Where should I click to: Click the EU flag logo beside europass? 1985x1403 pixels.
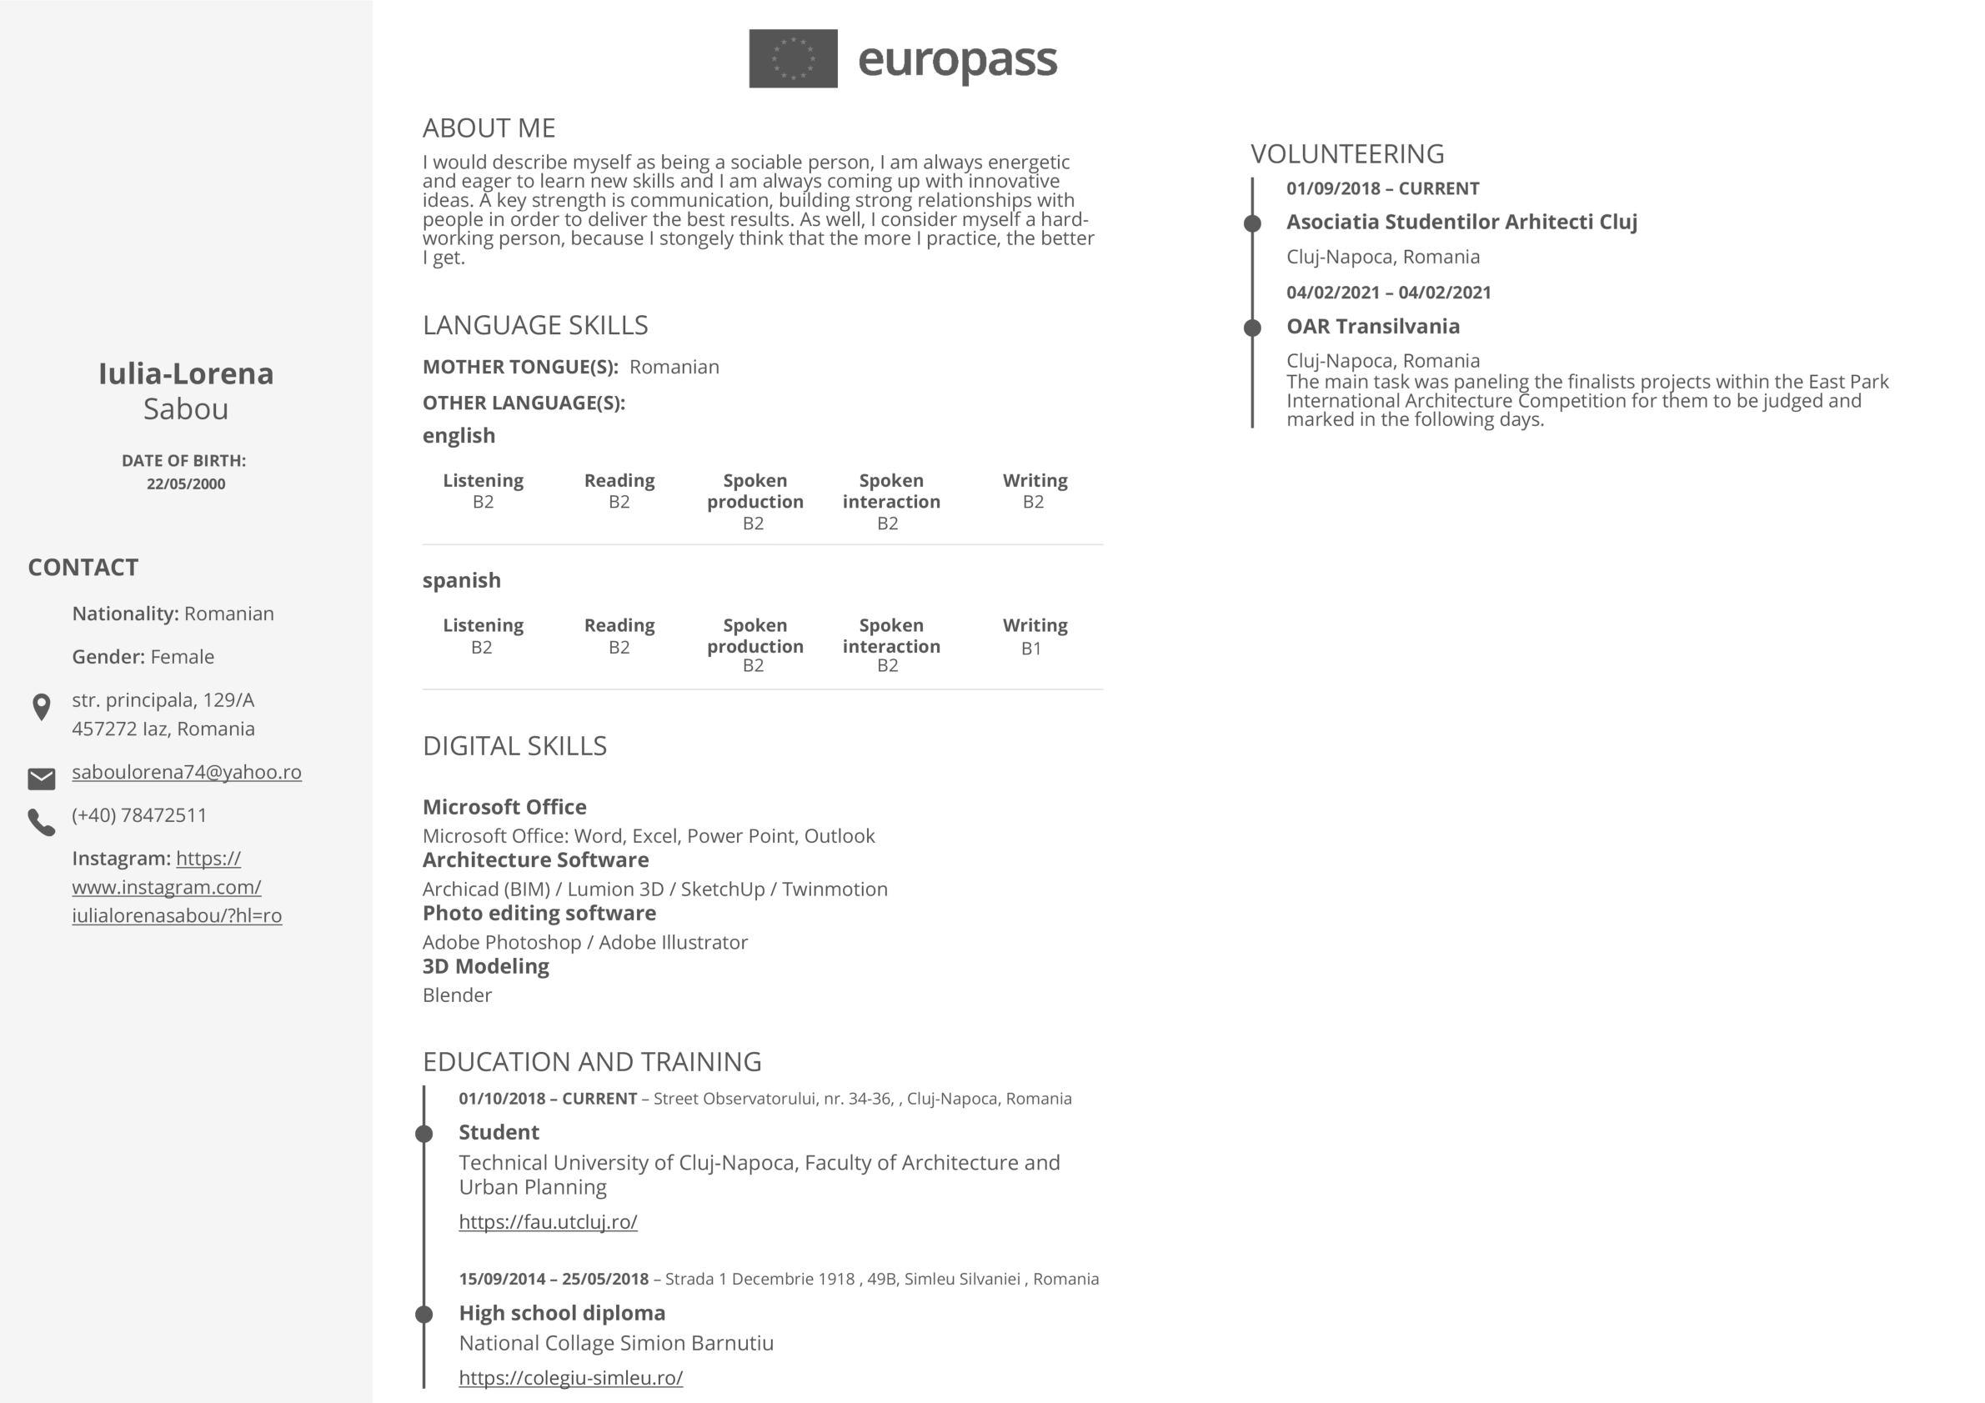coord(793,59)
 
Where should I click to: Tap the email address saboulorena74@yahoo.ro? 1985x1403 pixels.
coord(187,772)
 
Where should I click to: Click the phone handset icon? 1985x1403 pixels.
coord(42,822)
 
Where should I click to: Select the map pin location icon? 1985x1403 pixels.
coord(41,707)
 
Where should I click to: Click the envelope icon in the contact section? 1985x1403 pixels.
coord(42,779)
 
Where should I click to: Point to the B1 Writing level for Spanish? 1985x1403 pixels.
coord(1031,649)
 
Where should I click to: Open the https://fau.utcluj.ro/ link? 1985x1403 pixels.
coord(548,1221)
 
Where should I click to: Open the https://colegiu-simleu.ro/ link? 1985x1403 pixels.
coord(570,1378)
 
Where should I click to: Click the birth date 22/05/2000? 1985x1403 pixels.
coord(186,484)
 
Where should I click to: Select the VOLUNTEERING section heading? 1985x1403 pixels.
coord(1347,154)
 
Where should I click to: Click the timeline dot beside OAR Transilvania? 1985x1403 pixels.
coord(1252,328)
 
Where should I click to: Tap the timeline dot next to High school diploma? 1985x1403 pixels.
coord(424,1314)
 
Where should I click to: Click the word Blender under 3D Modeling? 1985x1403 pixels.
coord(458,995)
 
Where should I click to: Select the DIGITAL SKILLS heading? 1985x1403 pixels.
coord(514,746)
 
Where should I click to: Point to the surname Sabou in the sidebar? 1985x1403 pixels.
coord(186,408)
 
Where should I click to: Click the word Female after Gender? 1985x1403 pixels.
coord(183,657)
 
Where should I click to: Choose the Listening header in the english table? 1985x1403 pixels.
coord(484,481)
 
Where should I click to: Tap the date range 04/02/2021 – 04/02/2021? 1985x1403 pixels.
coord(1388,292)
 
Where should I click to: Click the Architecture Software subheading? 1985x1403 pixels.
coord(535,860)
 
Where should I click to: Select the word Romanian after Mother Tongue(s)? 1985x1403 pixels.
coord(674,367)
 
